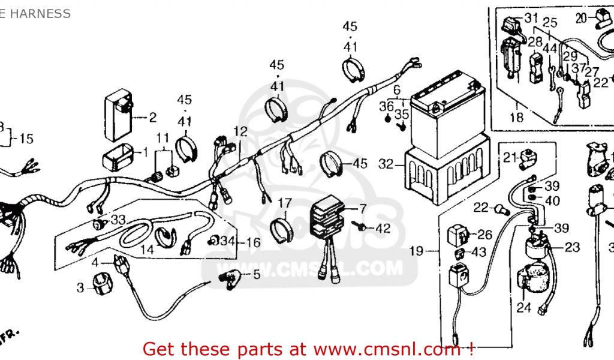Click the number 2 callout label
click(x=152, y=118)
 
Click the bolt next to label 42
click(x=361, y=227)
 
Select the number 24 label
click(x=523, y=308)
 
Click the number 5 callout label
click(x=256, y=275)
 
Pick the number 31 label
click(x=531, y=18)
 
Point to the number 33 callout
click(x=118, y=220)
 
